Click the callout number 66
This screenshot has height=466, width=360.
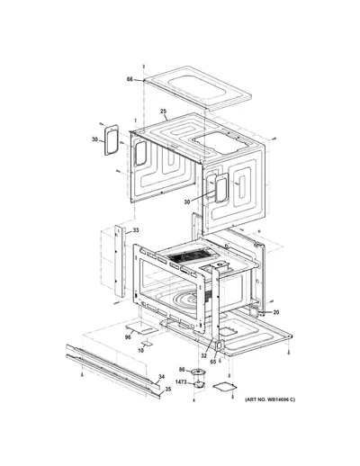(130, 79)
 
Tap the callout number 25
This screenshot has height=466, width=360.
(163, 112)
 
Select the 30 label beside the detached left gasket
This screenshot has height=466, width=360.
(94, 139)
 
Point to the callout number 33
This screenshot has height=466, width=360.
(136, 230)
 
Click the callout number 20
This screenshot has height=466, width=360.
(276, 312)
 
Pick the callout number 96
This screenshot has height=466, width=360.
(128, 337)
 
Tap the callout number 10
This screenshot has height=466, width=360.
(140, 350)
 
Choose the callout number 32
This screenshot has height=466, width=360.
(204, 356)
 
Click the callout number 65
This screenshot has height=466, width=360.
(213, 362)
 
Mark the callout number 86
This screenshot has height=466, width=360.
(182, 370)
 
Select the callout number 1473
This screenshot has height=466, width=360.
(181, 382)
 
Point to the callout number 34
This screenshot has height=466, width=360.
(162, 377)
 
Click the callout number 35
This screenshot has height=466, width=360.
(168, 390)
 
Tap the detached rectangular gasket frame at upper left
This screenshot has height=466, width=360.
(112, 140)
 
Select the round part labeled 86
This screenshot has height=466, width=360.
(198, 372)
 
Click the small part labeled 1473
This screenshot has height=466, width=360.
(198, 384)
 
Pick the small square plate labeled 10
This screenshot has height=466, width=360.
(148, 343)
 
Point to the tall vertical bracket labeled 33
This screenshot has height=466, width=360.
(120, 261)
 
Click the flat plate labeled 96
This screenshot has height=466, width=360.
(141, 327)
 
